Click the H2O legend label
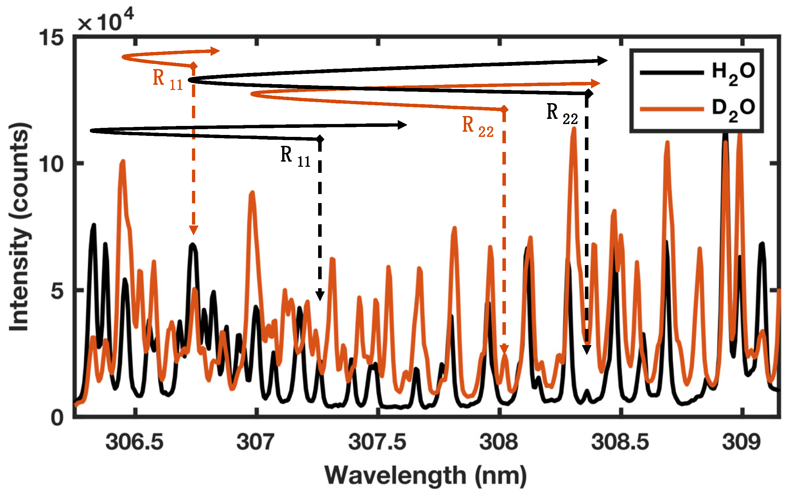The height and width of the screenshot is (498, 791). click(x=733, y=74)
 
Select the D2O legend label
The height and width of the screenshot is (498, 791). click(x=733, y=110)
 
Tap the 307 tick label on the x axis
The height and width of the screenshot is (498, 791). click(x=255, y=442)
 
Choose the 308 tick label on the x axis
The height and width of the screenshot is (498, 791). click(x=499, y=442)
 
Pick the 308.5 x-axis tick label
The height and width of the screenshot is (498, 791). click(x=620, y=442)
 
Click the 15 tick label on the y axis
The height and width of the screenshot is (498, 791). click(x=51, y=38)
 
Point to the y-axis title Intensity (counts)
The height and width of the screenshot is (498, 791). click(x=20, y=227)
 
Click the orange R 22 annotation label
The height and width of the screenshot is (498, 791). click(x=477, y=127)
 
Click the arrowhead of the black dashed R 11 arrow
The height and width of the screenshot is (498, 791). click(x=320, y=296)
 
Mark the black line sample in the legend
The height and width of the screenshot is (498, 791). click(x=672, y=73)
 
